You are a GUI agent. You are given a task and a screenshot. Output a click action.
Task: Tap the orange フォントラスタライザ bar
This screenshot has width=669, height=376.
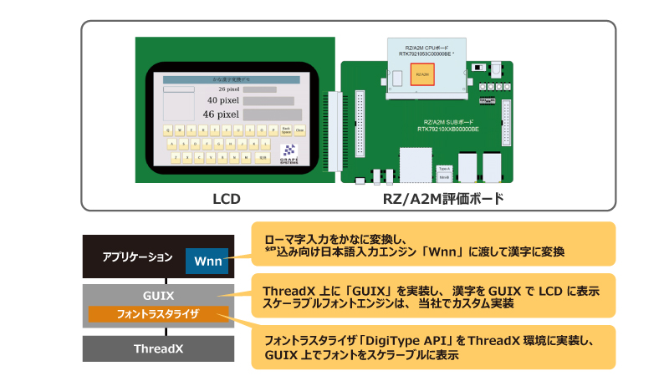point(159,315)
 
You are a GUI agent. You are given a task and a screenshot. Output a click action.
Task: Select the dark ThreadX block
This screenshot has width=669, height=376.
point(158,348)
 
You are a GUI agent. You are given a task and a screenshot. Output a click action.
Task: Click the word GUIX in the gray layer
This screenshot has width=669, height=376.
point(159,296)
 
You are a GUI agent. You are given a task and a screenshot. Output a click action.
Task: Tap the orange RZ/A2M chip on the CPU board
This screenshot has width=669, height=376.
point(422,75)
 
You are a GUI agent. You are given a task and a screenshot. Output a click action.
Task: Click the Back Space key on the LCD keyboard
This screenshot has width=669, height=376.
point(286,130)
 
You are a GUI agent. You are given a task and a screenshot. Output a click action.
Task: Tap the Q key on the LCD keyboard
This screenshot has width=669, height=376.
point(168,130)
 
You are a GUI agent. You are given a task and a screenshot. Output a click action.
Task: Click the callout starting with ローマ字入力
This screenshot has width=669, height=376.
point(432,244)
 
